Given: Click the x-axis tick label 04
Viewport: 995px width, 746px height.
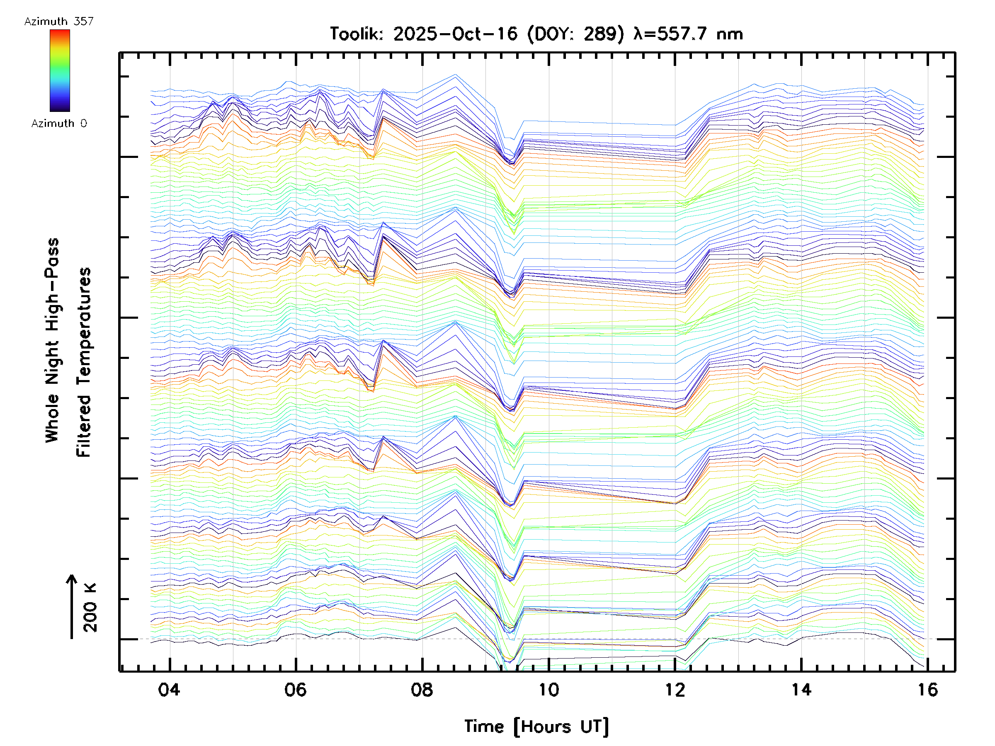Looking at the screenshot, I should (169, 689).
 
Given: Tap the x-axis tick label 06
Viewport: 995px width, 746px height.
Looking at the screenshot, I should (296, 689).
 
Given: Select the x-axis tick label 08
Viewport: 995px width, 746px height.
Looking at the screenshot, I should (422, 689).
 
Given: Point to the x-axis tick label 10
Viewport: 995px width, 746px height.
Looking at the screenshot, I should (548, 689).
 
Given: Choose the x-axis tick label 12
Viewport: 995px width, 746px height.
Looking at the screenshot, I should (675, 689).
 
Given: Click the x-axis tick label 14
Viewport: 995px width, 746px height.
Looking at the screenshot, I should (801, 689).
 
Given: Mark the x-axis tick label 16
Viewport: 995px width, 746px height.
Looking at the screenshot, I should (927, 689).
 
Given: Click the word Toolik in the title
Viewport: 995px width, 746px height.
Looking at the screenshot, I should (356, 34).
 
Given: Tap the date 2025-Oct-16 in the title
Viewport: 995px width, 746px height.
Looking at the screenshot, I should (455, 34).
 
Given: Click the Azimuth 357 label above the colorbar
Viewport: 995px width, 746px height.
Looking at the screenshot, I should (59, 22).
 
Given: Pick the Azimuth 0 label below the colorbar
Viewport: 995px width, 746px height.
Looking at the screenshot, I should (59, 123).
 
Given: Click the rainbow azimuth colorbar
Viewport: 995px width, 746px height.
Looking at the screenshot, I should (60, 70).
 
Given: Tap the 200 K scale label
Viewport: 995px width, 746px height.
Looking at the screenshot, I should (90, 608).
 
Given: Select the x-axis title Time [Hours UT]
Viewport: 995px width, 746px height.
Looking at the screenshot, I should (536, 727).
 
